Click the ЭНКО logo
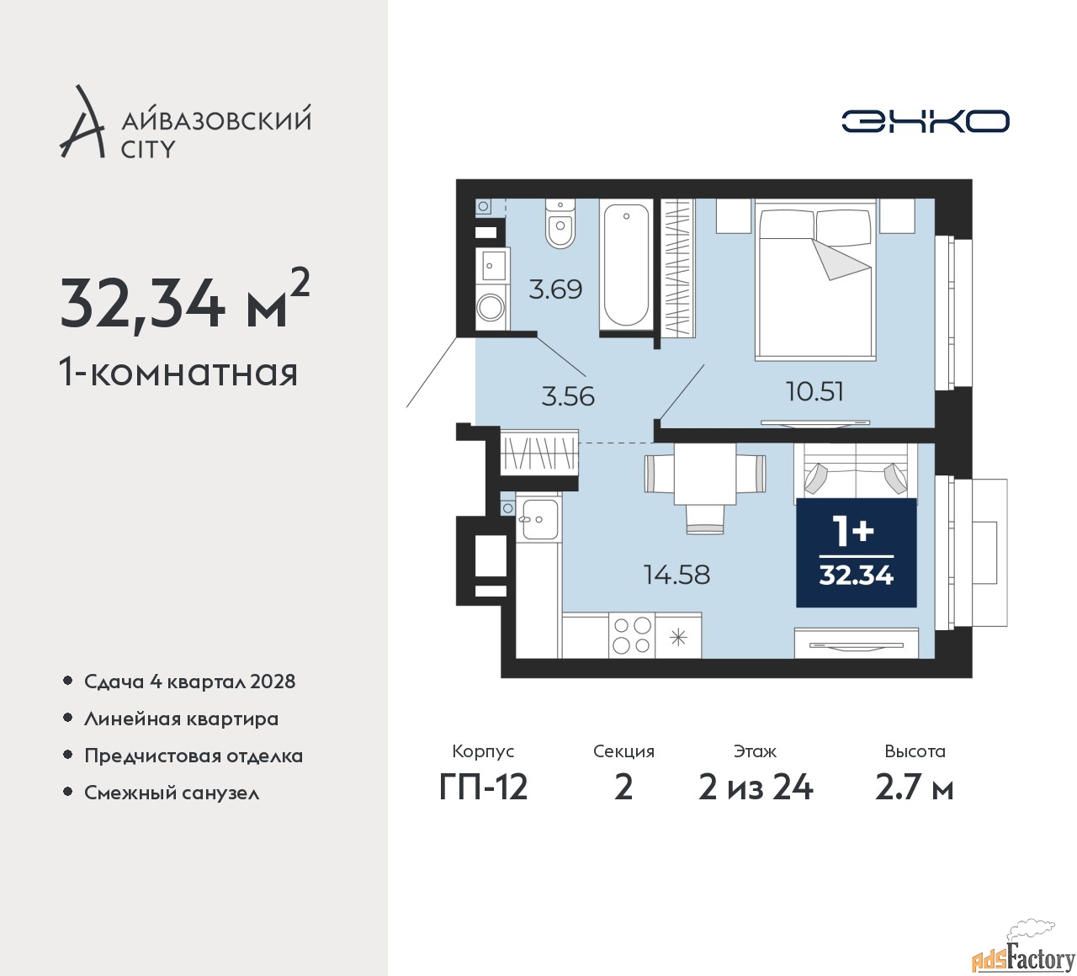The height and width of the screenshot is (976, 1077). pos(925,121)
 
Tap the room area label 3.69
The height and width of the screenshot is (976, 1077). pos(555,289)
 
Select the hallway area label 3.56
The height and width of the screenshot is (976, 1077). pos(568,397)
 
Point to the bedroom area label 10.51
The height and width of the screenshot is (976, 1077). pos(814,391)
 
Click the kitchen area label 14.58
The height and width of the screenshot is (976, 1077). pos(676,575)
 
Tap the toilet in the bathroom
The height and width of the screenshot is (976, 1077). pos(560,224)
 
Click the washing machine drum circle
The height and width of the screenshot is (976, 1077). pos(489,309)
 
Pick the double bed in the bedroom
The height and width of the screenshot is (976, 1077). pos(815,279)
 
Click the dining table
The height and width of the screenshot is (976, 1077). pos(705,475)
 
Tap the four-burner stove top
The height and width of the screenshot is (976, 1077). pos(632,635)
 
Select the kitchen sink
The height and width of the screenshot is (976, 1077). pos(538,519)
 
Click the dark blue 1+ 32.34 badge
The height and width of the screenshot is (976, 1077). pos(856,553)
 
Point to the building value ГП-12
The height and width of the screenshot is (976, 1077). pos(483,788)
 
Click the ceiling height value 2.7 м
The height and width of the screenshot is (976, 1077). pos(915,788)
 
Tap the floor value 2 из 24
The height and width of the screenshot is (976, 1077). pos(756,788)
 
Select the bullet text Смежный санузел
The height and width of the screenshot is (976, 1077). pos(172,793)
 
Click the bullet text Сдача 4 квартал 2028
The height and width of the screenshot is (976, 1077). pos(190,682)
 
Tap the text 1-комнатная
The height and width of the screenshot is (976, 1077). pos(178,373)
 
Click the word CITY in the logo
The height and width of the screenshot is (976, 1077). pos(148,149)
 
